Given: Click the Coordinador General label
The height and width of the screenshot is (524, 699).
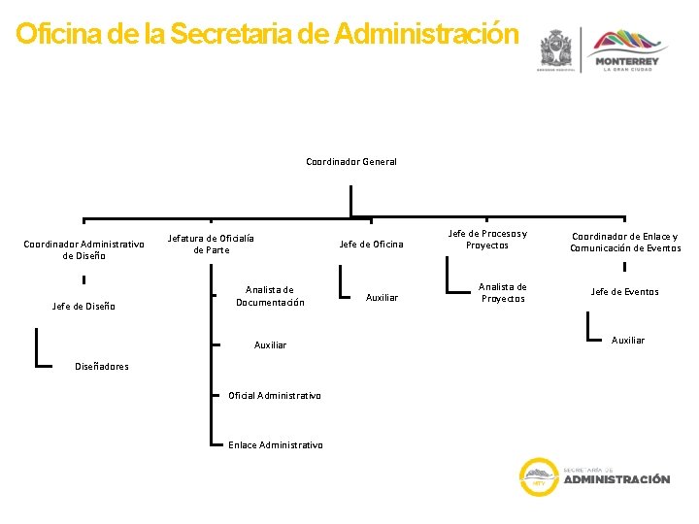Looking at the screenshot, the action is (x=350, y=162).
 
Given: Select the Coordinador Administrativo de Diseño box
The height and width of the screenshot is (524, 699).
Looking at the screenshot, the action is (x=83, y=250).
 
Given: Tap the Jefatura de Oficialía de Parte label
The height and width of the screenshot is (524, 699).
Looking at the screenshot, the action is (x=211, y=245).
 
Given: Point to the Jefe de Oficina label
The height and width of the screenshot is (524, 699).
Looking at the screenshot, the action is (x=371, y=245).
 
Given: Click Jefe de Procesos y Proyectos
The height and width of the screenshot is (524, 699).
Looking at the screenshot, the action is (x=486, y=239).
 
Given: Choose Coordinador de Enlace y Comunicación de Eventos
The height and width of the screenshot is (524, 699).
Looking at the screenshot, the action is (x=625, y=242).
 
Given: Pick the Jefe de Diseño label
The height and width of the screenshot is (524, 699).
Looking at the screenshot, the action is (x=83, y=307).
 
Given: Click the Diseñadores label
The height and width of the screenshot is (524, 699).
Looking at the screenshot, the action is (x=101, y=366).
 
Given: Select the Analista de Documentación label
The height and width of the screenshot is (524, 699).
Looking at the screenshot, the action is (x=269, y=296).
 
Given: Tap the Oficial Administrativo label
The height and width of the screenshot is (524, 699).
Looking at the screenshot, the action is (x=274, y=395).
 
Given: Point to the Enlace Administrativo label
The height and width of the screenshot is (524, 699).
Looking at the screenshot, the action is (x=275, y=445).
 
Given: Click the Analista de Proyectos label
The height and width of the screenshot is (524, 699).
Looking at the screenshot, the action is (x=502, y=292).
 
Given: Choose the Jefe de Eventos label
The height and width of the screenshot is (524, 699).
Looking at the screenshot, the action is (x=624, y=292).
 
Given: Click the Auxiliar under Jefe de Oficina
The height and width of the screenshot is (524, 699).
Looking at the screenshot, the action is (x=382, y=297).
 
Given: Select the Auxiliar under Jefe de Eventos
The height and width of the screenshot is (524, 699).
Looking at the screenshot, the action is (x=628, y=340).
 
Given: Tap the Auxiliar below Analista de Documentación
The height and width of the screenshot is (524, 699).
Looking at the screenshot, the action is (x=270, y=345).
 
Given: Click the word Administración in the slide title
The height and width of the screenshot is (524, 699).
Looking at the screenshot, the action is (x=426, y=35).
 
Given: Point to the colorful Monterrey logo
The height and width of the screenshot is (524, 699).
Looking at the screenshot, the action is (x=626, y=49).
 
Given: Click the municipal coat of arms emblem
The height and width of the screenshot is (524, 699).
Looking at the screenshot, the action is (x=556, y=49).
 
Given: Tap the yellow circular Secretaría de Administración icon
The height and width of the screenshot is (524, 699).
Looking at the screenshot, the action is (x=537, y=475).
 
